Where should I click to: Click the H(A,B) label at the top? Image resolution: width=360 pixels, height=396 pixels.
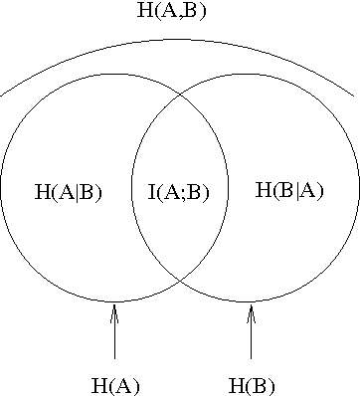pos(178,12)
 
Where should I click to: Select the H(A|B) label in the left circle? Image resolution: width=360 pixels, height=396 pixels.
pos(69,191)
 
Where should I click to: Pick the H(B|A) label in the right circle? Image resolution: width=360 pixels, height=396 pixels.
pos(289,189)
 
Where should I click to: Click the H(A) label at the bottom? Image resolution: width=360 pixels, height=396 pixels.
pos(115,385)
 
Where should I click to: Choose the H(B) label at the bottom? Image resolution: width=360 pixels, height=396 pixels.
pos(252,385)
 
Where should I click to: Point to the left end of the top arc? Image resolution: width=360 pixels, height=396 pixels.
pos(2,96)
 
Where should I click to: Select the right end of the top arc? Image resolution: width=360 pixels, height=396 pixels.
pos(353,97)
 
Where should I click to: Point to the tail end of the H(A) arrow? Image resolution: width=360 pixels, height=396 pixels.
pos(114,357)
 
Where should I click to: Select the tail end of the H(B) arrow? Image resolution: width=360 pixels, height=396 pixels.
pos(251,357)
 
